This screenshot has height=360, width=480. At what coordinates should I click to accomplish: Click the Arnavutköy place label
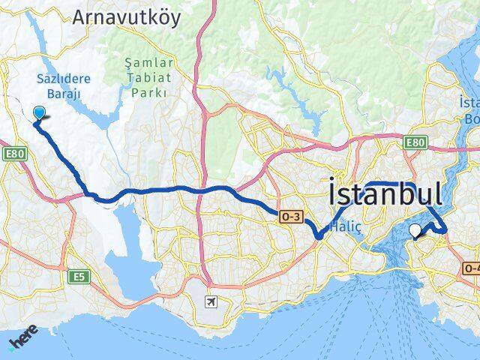(x=127, y=17)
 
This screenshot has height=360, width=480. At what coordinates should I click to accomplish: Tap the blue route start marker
(x=40, y=113)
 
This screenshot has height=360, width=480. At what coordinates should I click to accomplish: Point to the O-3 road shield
(x=291, y=217)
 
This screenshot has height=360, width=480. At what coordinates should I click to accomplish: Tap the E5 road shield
(x=78, y=277)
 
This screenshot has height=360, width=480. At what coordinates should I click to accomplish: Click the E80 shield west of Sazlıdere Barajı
(x=13, y=154)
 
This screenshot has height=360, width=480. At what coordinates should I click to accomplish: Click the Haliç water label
(x=347, y=233)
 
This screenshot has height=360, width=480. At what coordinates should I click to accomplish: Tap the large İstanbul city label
(x=385, y=195)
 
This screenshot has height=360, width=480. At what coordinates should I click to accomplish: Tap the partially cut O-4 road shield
(x=472, y=268)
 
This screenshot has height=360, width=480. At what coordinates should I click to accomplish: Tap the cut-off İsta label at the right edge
(x=469, y=103)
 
